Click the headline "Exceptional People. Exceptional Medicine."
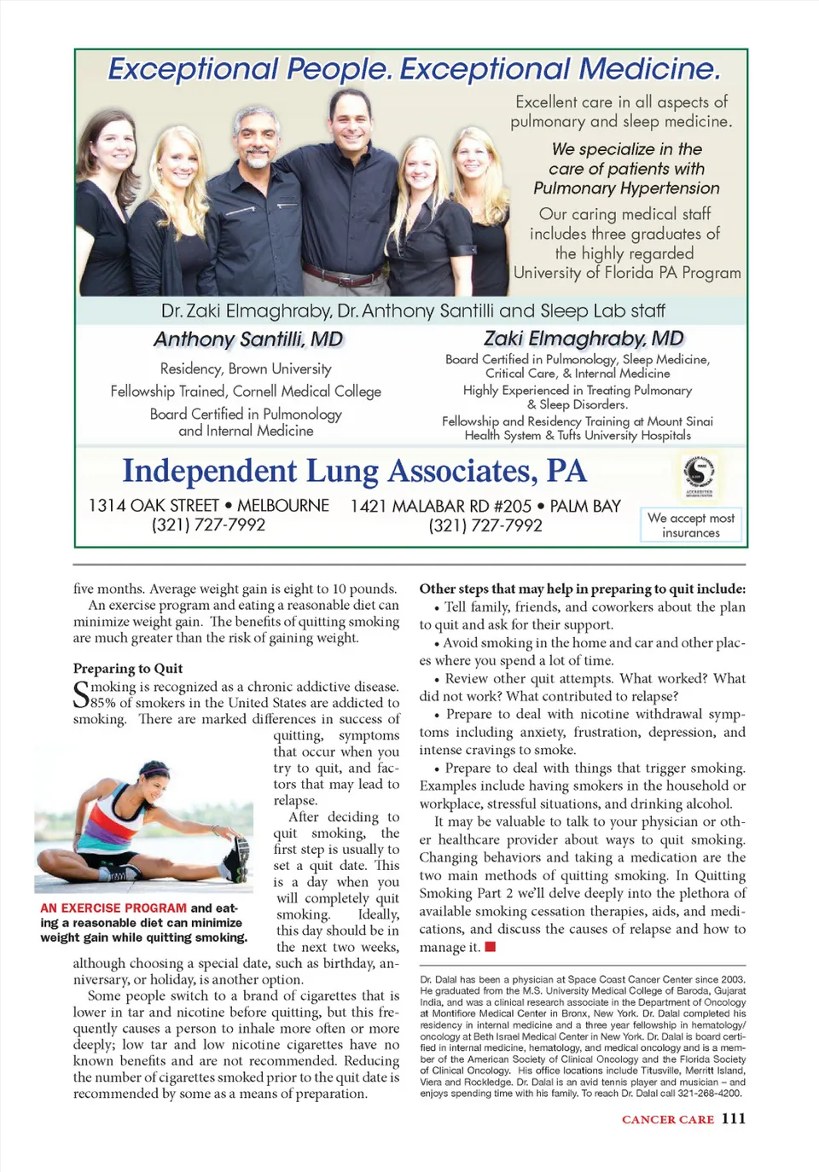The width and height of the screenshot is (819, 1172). click(414, 69)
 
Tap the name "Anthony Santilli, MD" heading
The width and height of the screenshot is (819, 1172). click(248, 339)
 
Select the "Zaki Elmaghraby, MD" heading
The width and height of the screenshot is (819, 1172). click(584, 339)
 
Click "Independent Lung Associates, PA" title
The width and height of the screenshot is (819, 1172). click(354, 472)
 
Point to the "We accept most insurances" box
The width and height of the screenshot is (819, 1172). click(690, 525)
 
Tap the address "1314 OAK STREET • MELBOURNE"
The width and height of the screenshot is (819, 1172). click(209, 506)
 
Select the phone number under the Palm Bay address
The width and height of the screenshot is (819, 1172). click(485, 525)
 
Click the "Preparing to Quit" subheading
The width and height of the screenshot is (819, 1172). click(128, 669)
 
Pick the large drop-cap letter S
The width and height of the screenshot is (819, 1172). click(81, 695)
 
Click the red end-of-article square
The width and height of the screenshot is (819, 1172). click(491, 947)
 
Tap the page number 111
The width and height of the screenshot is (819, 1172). click(734, 1118)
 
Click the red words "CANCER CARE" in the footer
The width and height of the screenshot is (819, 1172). click(668, 1119)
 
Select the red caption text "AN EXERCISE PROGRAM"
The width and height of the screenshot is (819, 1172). click(113, 908)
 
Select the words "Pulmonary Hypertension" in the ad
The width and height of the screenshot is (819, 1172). click(626, 189)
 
